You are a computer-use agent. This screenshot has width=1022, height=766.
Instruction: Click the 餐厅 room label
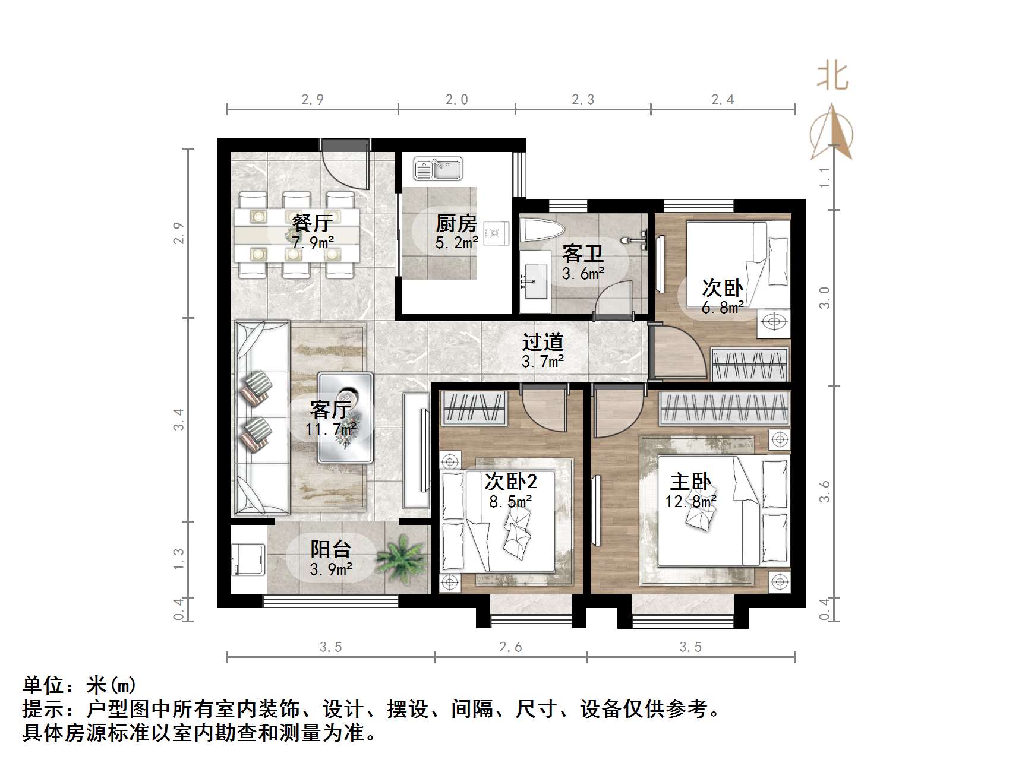pos(312,223)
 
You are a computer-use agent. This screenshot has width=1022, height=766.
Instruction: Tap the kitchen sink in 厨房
pos(438,168)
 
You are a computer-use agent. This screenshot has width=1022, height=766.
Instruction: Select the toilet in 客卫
pos(541,230)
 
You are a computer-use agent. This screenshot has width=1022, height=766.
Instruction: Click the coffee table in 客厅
pos(345,417)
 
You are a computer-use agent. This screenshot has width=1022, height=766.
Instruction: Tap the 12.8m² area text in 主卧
pos(690,502)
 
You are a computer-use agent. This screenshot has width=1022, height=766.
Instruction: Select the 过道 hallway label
pos(542,342)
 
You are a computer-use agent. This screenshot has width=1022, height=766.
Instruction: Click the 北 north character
pos(832,77)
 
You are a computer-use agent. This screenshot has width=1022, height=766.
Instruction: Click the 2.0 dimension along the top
pos(457,100)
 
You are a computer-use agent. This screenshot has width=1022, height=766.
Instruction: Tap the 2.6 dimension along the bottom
pos(510,647)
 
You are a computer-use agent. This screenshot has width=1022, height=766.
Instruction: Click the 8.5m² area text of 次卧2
pos(510,502)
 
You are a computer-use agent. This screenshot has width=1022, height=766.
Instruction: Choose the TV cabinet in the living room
pos(416,450)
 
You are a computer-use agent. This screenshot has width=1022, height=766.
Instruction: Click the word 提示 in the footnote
pos(43,709)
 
